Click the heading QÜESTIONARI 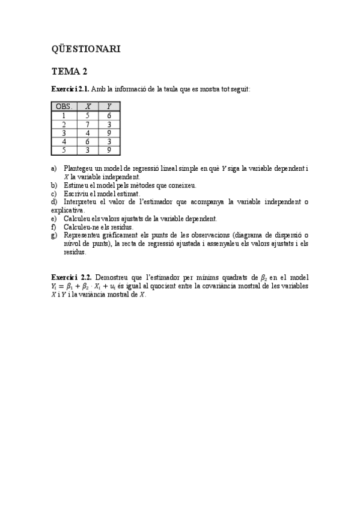click(85, 49)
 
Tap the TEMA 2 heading click(70, 72)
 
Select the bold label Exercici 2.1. click(70, 90)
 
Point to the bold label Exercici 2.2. click(71, 277)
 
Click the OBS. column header click(64, 107)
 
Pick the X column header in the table click(88, 107)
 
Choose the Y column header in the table click(109, 107)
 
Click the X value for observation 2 click(88, 124)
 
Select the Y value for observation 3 click(109, 133)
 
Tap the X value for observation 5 click(88, 150)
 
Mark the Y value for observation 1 click(109, 115)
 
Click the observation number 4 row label click(64, 142)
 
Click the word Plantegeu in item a click(78, 170)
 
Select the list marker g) click(54, 236)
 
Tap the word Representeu click(81, 236)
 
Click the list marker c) click(54, 194)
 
